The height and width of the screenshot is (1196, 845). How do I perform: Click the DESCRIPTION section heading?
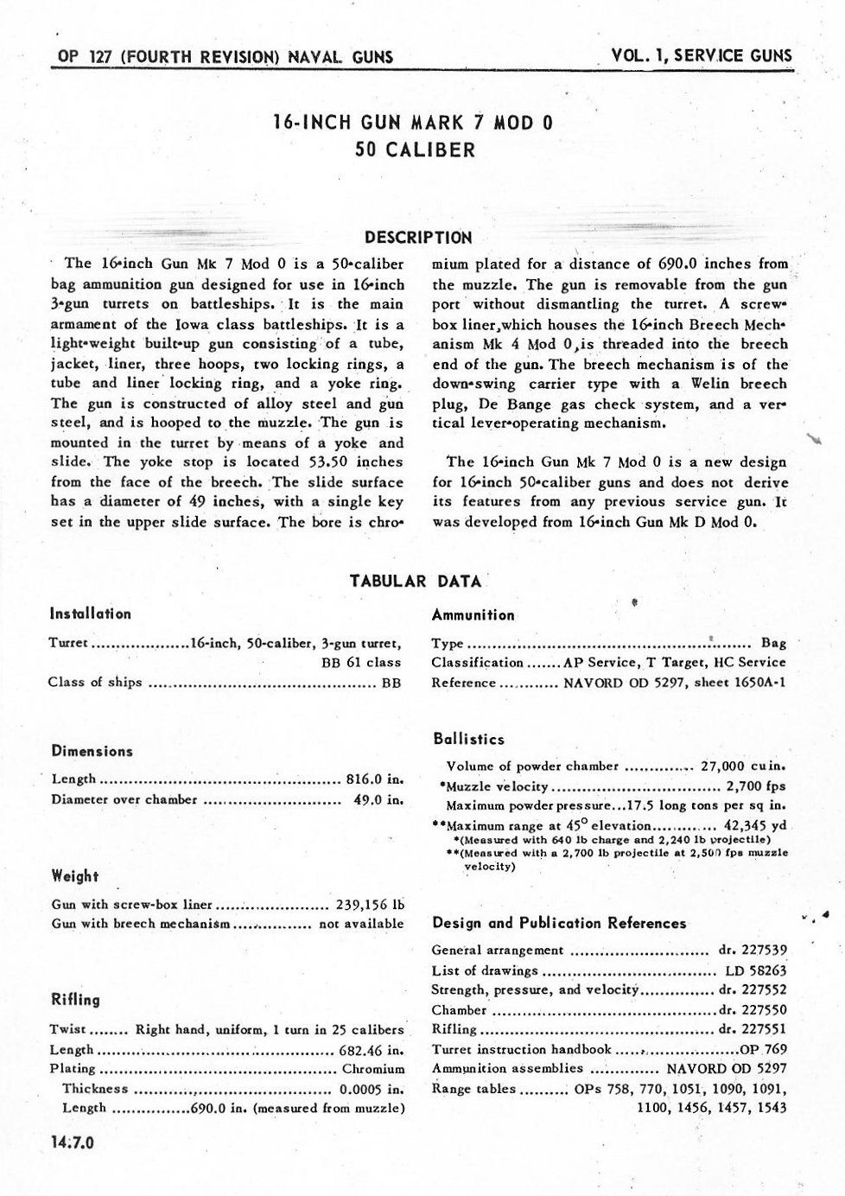418,237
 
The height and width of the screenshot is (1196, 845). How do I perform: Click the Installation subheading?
91,614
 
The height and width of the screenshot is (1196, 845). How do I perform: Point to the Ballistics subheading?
468,739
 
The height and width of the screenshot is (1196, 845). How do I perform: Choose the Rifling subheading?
76,1000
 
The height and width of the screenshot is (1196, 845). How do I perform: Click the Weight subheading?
75,876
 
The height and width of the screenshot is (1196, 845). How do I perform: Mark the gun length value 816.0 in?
375,779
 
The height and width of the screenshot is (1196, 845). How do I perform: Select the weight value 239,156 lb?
369,905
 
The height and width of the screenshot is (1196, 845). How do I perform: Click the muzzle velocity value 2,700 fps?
756,786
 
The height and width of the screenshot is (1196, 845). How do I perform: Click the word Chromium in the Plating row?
373,1069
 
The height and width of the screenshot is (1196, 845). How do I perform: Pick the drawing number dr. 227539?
753,950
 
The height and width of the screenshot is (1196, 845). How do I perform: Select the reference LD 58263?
758,970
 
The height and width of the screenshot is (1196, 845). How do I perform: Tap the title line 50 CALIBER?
415,149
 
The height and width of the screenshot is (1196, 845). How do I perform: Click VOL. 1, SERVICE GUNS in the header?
701,55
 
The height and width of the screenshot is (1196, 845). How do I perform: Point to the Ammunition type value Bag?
773,643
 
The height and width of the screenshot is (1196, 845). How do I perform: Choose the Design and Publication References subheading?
559,923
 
